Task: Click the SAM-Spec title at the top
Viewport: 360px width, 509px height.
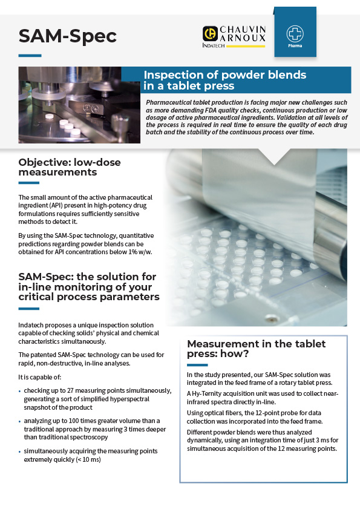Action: coord(67,36)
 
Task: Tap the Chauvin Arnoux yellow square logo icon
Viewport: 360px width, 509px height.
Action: coord(210,33)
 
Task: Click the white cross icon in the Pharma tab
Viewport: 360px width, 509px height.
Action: coord(295,33)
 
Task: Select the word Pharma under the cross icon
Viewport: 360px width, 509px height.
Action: coord(295,45)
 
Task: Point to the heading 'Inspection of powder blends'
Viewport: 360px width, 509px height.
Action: coord(224,75)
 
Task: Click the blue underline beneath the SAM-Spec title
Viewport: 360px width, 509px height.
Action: coord(30,55)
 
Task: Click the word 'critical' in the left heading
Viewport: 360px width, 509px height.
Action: coord(41,297)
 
